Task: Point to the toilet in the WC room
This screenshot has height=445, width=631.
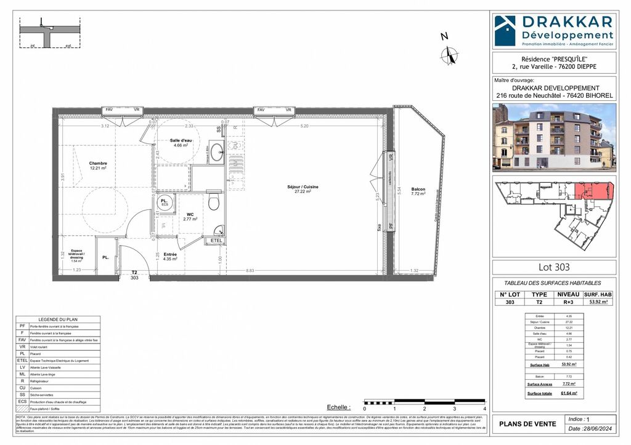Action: (214, 202)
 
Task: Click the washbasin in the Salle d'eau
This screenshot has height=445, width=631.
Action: (216, 152)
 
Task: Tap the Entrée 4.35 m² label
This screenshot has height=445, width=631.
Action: (170, 256)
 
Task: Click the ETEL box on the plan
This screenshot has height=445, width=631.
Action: (216, 241)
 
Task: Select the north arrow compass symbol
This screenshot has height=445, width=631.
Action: (449, 55)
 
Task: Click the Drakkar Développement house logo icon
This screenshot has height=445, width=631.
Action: (505, 29)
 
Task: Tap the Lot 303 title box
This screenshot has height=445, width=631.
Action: (553, 267)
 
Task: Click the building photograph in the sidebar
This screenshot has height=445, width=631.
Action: (553, 137)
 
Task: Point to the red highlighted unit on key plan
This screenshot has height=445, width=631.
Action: (593, 191)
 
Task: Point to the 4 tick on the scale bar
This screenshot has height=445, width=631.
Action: (485, 409)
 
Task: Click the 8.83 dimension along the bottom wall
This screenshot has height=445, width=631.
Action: (249, 270)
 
